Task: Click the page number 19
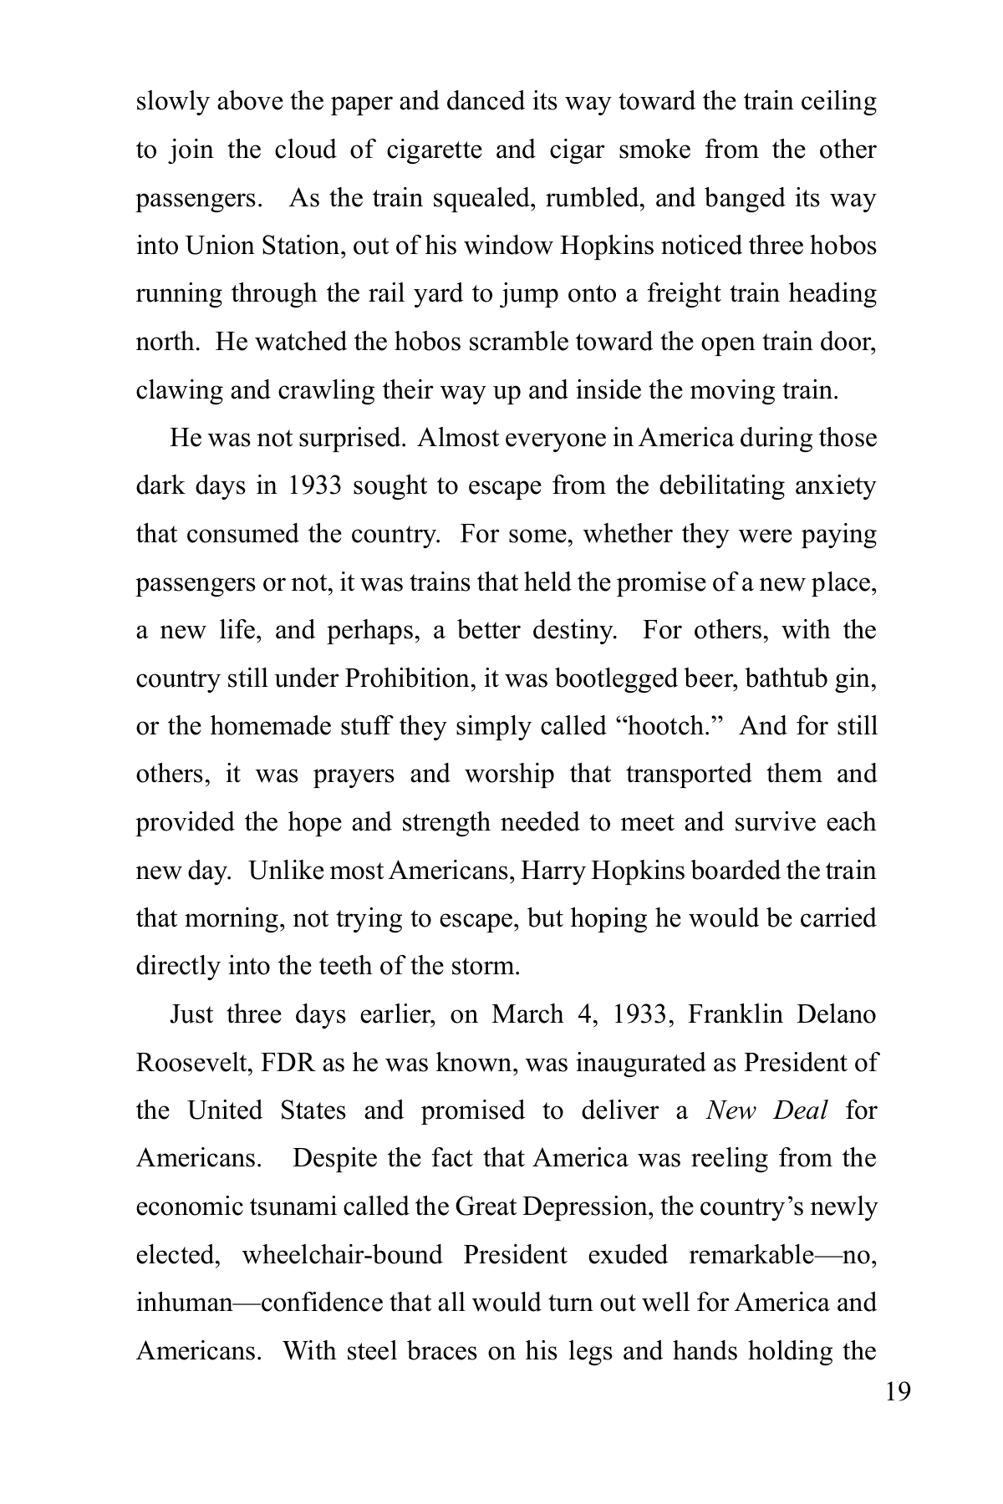point(899,1393)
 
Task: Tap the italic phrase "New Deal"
point(766,1110)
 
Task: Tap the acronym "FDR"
point(289,1063)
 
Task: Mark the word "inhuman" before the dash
point(183,1303)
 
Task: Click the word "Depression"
point(592,1207)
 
